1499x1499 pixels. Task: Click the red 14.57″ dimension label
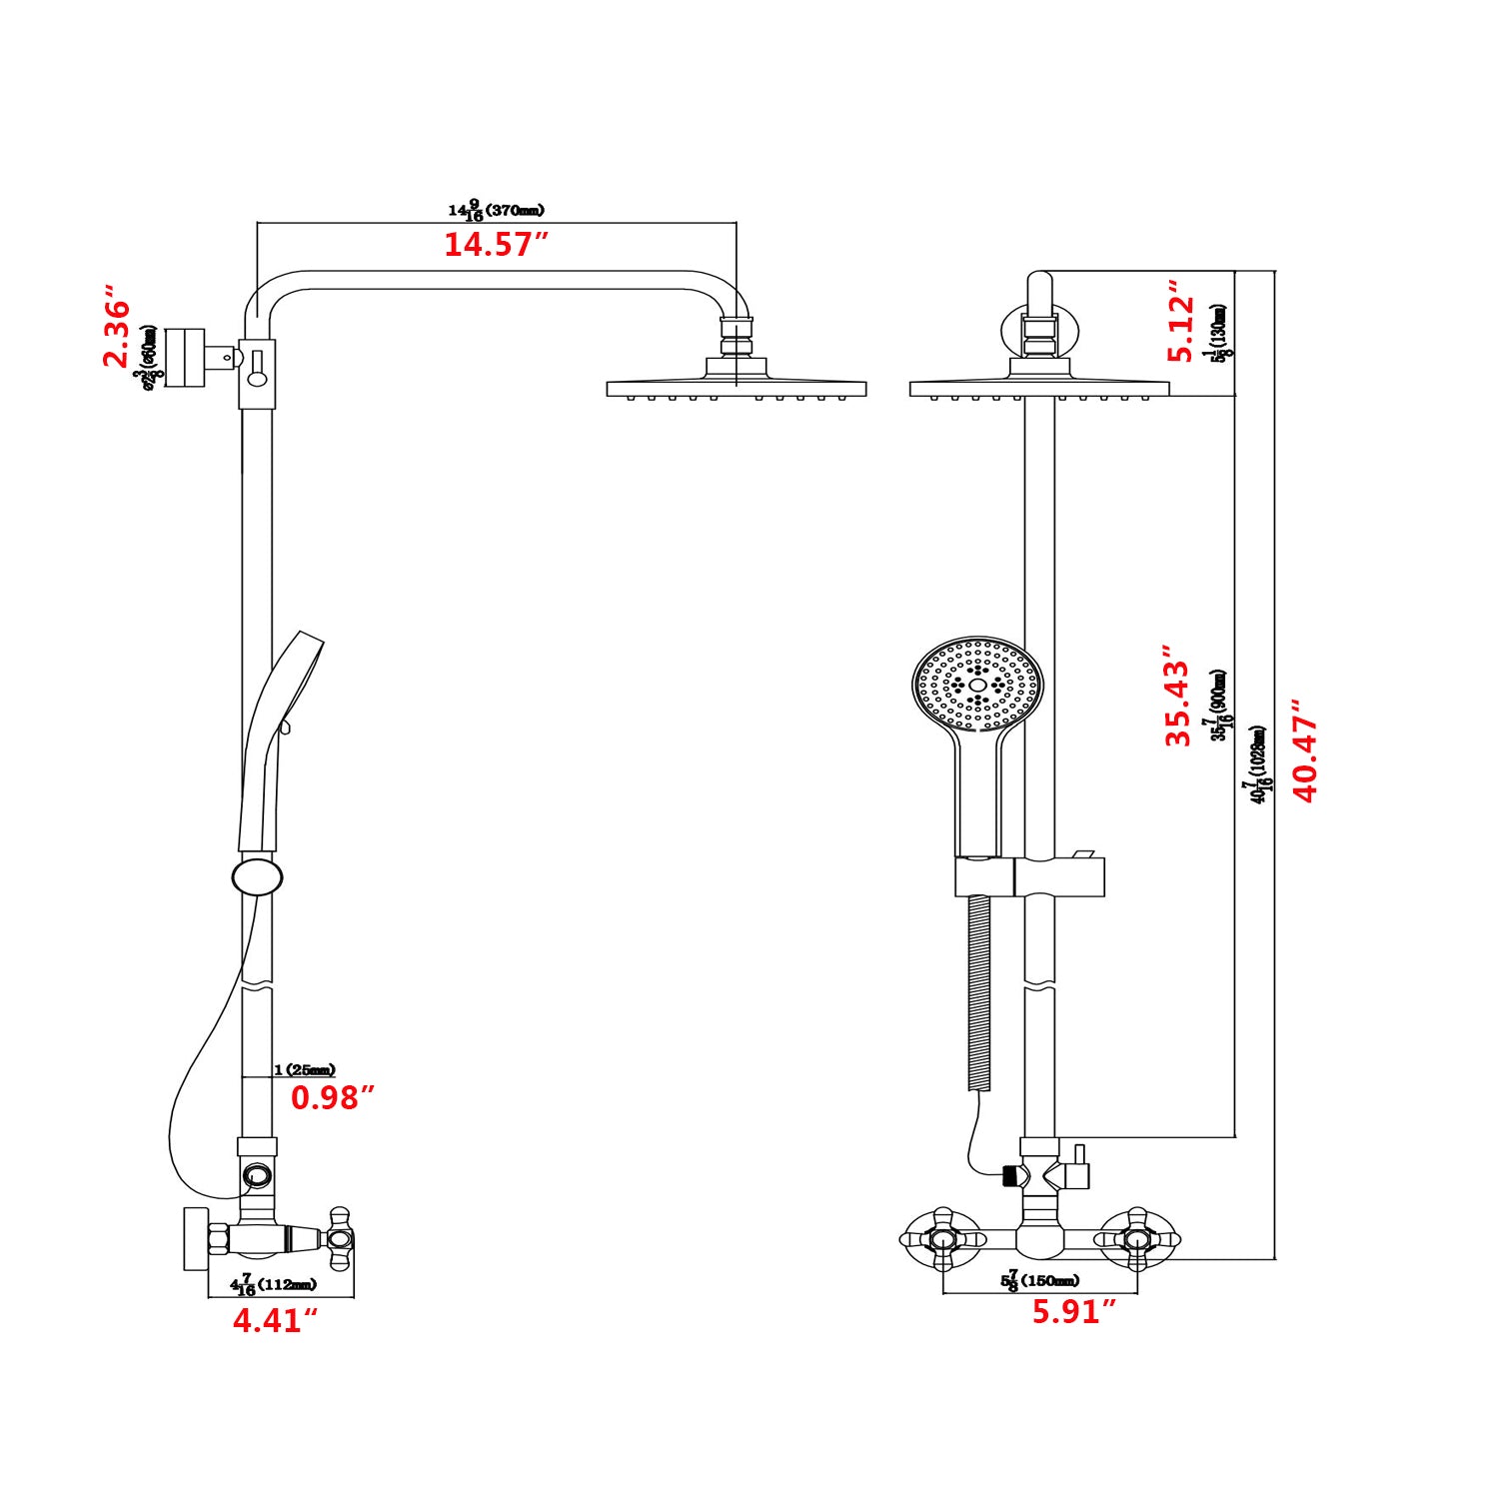[496, 245]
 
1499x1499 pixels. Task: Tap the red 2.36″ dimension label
[117, 332]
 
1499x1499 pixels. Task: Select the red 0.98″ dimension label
[332, 1098]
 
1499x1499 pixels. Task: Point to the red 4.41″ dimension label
[275, 1321]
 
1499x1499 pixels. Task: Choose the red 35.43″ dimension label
[1178, 703]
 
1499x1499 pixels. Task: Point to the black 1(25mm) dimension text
[305, 1070]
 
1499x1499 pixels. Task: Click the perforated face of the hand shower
[976, 686]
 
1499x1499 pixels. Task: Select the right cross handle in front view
[1136, 1240]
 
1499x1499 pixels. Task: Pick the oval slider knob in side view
[257, 876]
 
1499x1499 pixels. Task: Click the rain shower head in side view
[736, 388]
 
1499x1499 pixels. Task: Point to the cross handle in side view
[341, 1239]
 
